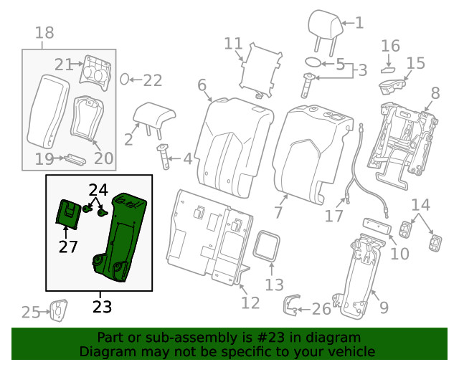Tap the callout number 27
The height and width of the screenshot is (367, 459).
[x=67, y=247]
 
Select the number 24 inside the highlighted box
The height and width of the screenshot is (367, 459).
[x=98, y=190]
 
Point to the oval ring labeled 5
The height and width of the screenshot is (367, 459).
[x=313, y=63]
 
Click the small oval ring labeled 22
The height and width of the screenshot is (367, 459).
[x=124, y=79]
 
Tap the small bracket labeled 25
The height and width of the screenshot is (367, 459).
[x=58, y=311]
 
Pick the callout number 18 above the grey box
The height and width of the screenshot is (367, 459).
[x=44, y=32]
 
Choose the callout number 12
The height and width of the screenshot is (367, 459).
[x=250, y=302]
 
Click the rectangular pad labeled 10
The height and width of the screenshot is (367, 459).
[x=376, y=226]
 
